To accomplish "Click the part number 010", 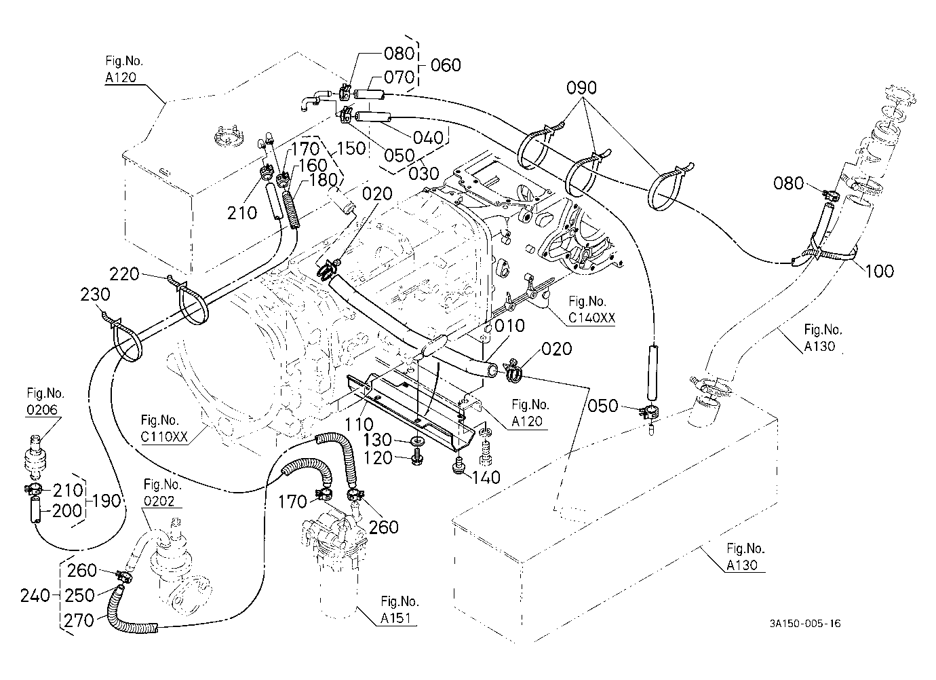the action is point(509,326).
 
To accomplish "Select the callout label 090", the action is point(581,88).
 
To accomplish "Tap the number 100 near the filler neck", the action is point(879,271).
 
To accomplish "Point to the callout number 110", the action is point(359,424).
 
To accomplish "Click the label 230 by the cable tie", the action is point(95,295).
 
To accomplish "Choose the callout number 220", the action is point(124,274).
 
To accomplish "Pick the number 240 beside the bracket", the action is point(35,596).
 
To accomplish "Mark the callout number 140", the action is point(486,478).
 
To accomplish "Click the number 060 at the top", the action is point(446,65).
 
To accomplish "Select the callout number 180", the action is point(324,180).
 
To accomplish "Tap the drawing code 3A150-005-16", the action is point(805,624).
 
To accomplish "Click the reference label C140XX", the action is point(591,318).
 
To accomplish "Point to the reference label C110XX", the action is point(164,436).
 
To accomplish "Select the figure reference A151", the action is point(396,618).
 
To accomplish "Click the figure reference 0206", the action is point(42,409).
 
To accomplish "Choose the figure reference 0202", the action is point(159,501).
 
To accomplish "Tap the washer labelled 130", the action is point(418,441).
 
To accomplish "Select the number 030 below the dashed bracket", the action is point(424,174).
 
